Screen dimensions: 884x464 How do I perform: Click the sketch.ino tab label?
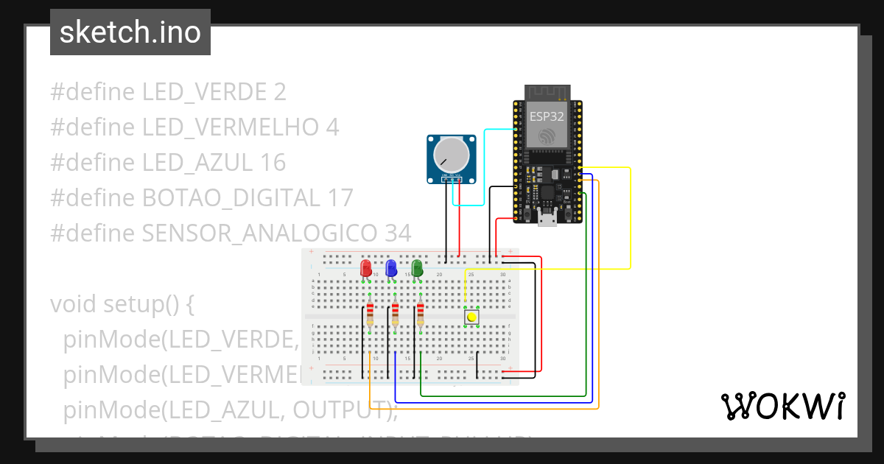pyautogui.click(x=130, y=32)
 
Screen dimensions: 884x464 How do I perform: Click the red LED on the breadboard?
pyautogui.click(x=366, y=268)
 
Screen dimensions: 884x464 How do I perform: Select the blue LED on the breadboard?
pyautogui.click(x=391, y=268)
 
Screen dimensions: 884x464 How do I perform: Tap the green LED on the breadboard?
pyautogui.click(x=417, y=268)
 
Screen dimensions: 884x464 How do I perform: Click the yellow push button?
pyautogui.click(x=471, y=317)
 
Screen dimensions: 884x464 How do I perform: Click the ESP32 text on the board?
pyautogui.click(x=546, y=116)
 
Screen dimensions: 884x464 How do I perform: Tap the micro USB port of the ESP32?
pyautogui.click(x=547, y=219)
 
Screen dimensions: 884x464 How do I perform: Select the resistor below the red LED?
pyautogui.click(x=370, y=314)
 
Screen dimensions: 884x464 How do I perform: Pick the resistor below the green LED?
pyautogui.click(x=421, y=314)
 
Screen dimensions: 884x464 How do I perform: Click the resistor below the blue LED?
pyautogui.click(x=396, y=314)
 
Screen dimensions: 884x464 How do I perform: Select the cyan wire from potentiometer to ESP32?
pyautogui.click(x=484, y=169)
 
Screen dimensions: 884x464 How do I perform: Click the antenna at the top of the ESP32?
pyautogui.click(x=547, y=92)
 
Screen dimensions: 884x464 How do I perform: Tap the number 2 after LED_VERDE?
pyautogui.click(x=279, y=92)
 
